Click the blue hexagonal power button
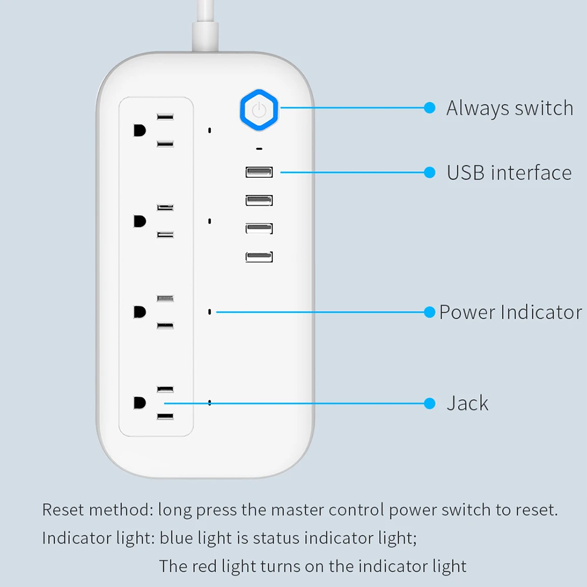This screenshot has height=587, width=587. coord(260,110)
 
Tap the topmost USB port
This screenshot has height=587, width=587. coord(259,172)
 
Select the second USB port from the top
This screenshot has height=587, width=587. coord(259,200)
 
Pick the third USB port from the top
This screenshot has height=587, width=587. coord(259,228)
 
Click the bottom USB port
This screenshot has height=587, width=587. coord(259,257)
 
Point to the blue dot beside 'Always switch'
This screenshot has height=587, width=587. coord(430,108)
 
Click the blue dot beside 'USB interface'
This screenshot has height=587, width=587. coord(430,172)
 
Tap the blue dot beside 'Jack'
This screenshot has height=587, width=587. coord(430,403)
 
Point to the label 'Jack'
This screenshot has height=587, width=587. coord(467,403)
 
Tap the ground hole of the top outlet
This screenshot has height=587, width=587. coord(139,130)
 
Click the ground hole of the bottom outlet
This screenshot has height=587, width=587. coord(139,403)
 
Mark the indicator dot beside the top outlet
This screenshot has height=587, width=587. coord(210,130)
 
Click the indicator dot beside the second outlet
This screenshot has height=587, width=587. coord(210,221)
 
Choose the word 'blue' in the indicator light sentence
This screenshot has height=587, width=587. coord(175,538)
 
